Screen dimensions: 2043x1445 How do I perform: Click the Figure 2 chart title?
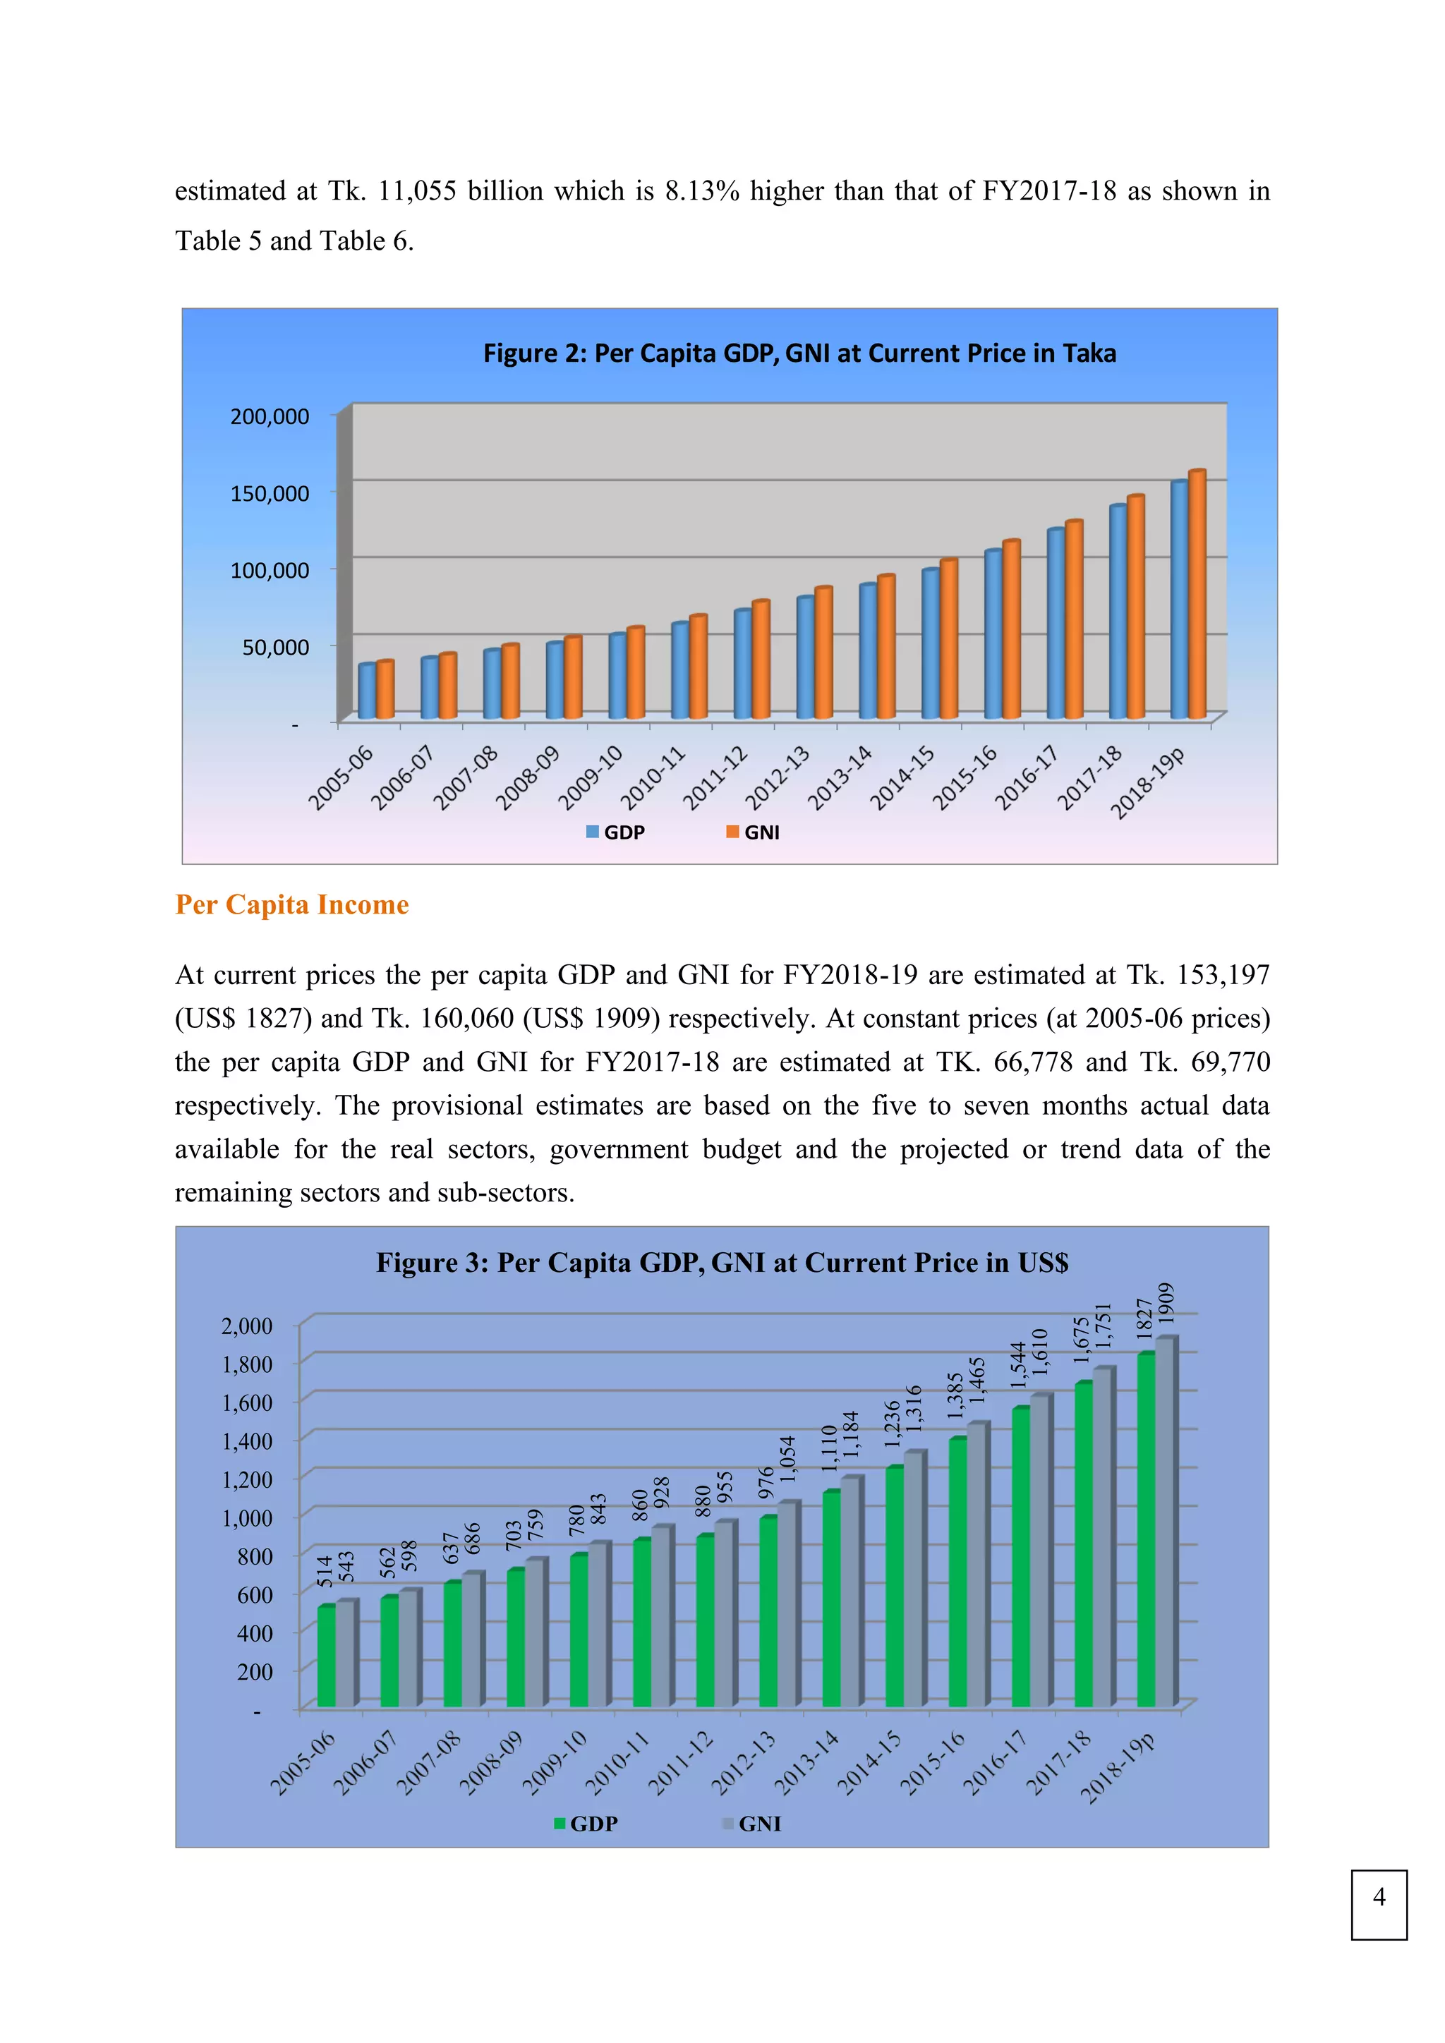[x=799, y=353]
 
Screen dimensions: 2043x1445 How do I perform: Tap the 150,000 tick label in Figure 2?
[x=270, y=494]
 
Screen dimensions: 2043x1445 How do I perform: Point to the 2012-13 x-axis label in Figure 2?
[x=778, y=779]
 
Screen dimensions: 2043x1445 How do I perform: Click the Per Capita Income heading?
[x=292, y=905]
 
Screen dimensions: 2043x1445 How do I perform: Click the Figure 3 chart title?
[x=722, y=1263]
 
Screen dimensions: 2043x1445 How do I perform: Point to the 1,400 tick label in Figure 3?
[x=248, y=1441]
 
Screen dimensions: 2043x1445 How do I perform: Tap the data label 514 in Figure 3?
[x=325, y=1571]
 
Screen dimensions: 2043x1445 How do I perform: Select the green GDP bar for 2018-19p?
[x=1145, y=1530]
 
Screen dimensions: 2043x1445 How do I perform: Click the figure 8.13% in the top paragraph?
[x=702, y=191]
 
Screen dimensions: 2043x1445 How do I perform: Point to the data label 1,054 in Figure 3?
[x=787, y=1460]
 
